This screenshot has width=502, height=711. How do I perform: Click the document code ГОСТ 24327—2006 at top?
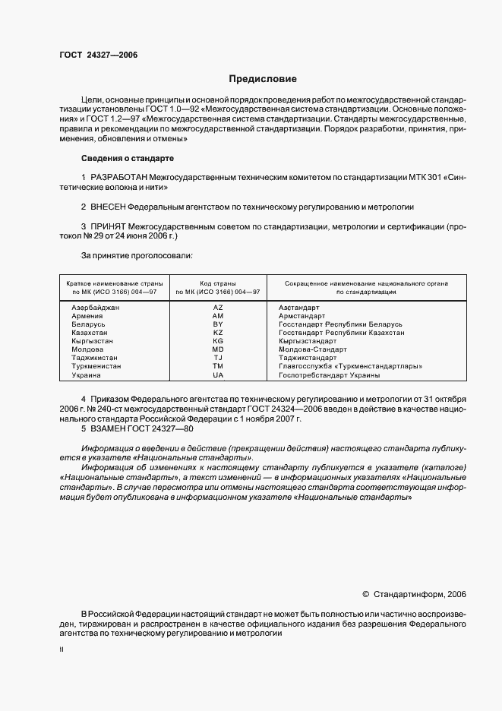coord(98,55)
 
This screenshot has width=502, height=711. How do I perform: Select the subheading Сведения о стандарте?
coord(127,158)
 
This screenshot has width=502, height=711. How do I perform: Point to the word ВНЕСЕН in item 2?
coord(107,207)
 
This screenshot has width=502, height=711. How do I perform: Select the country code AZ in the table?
coord(218,307)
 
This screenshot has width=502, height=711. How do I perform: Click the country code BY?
coord(218,324)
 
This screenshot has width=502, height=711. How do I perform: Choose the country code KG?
coord(218,341)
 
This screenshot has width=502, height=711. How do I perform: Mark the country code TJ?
coord(218,358)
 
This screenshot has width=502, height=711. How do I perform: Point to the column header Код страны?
coord(218,283)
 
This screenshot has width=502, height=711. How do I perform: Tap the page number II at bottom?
coord(62,651)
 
